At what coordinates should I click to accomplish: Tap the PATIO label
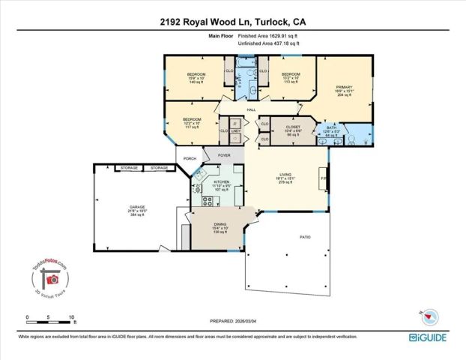click(x=306, y=237)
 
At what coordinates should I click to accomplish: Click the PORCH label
click(x=190, y=158)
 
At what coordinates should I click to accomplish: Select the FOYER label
click(x=223, y=155)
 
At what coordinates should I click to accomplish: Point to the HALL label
click(x=242, y=109)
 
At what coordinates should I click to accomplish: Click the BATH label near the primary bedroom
click(x=331, y=127)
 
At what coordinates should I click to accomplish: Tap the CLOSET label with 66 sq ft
click(x=293, y=127)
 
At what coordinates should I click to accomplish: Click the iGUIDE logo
click(x=429, y=337)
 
